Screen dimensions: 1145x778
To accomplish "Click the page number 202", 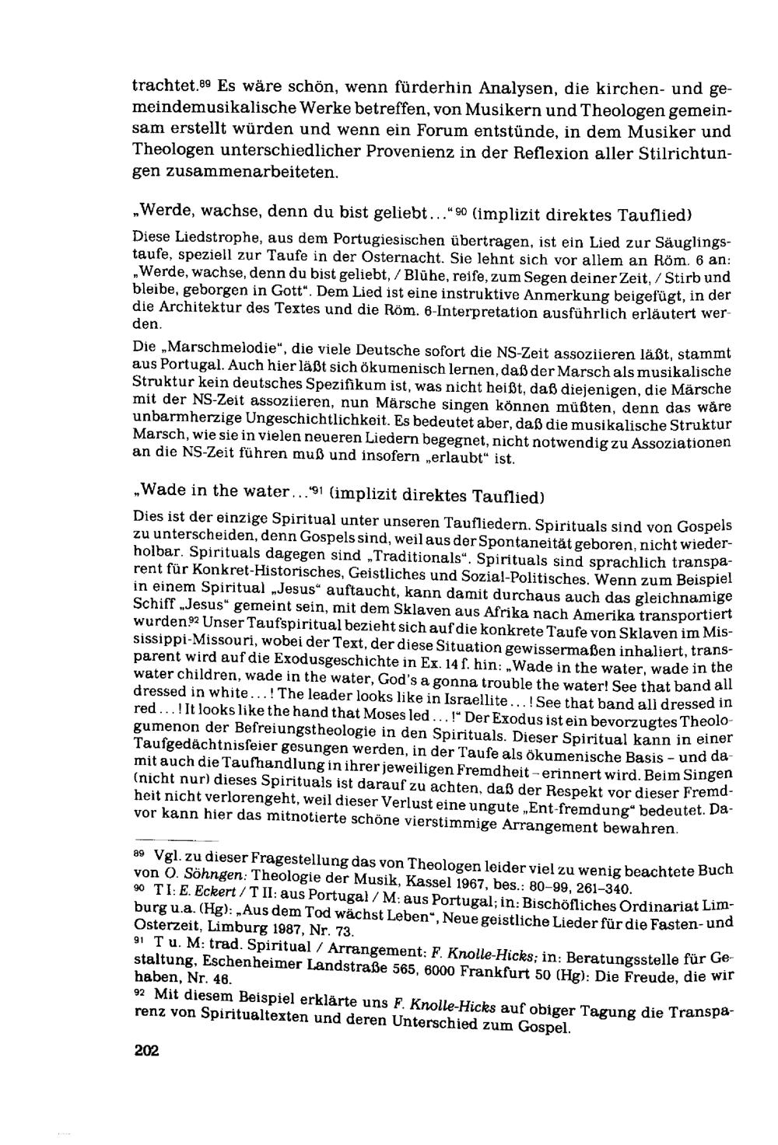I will (x=146, y=1051).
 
